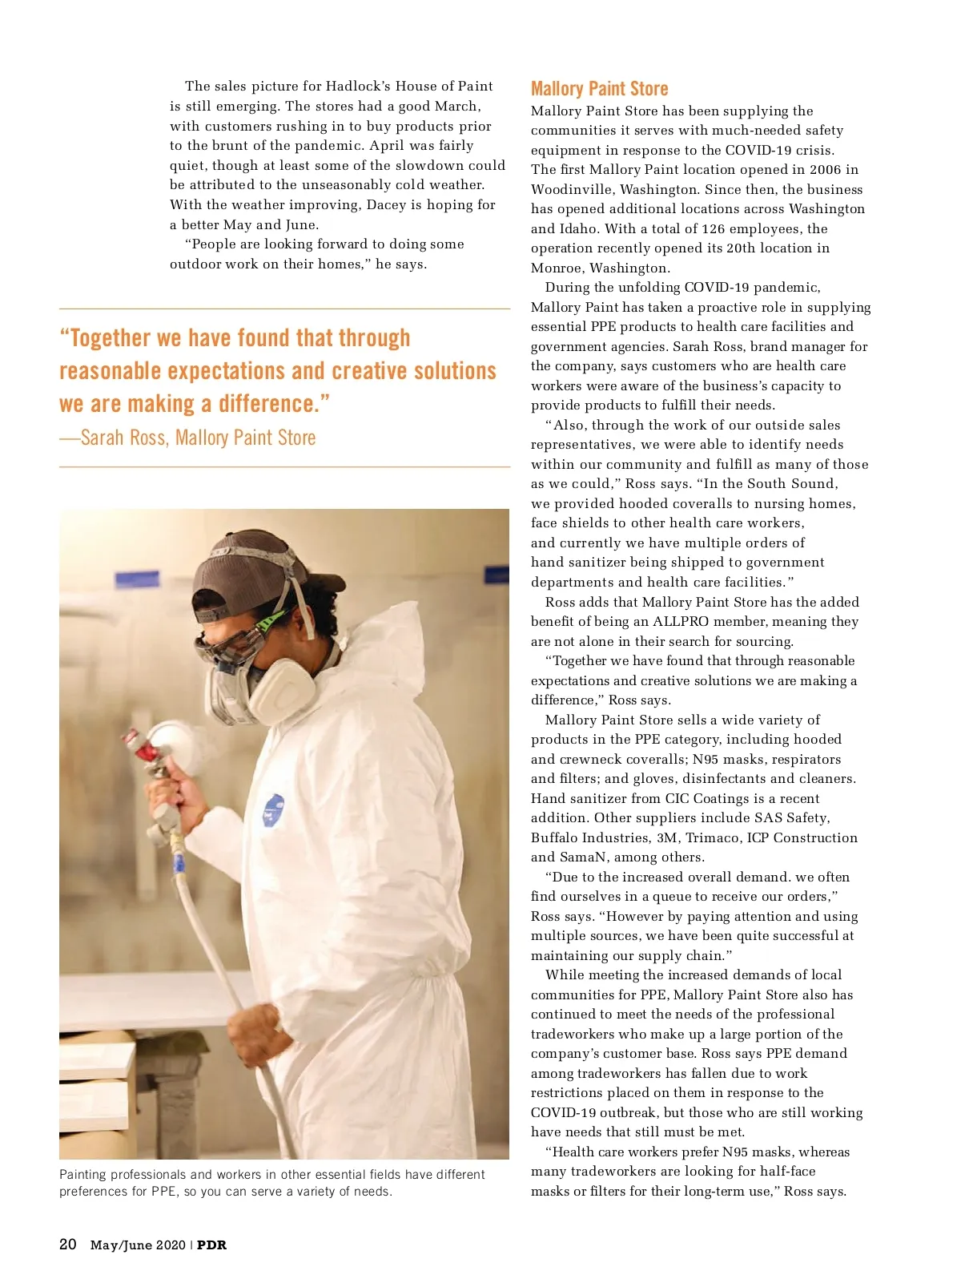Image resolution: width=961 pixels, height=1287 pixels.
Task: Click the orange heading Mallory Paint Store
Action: pyautogui.click(x=599, y=89)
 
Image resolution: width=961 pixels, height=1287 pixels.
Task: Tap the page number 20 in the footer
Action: pyautogui.click(x=68, y=1244)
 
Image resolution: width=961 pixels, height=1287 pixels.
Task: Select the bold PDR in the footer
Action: pyautogui.click(x=212, y=1245)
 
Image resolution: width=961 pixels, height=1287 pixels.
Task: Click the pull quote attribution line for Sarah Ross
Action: pyautogui.click(x=187, y=438)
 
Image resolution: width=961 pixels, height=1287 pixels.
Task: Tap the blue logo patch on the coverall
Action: pyautogui.click(x=273, y=810)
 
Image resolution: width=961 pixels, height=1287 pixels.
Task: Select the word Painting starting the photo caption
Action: pyautogui.click(x=82, y=1174)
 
